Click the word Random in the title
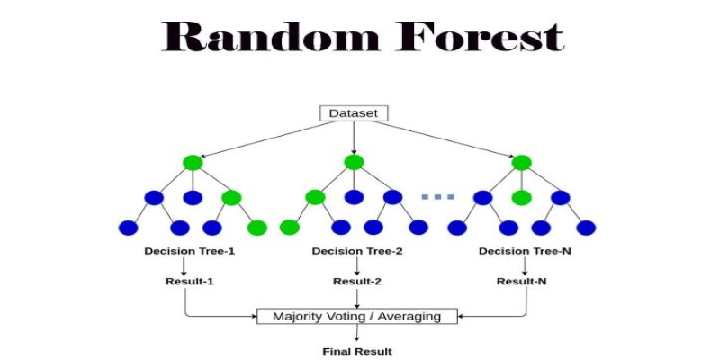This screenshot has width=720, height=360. (x=271, y=36)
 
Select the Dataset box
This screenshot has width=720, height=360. (x=354, y=113)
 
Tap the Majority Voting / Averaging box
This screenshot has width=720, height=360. (x=356, y=317)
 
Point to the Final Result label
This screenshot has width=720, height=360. (x=357, y=352)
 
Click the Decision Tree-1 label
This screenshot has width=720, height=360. (x=190, y=251)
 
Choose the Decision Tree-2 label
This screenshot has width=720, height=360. (x=357, y=251)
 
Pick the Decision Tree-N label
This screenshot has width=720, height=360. (x=525, y=251)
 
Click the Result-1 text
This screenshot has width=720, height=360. (x=190, y=281)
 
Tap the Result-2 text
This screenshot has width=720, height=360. (x=357, y=281)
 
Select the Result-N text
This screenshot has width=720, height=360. (x=522, y=281)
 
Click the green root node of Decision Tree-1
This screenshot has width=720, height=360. (x=193, y=162)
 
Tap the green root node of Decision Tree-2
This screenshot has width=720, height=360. (x=354, y=162)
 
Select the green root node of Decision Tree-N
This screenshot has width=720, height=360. (x=522, y=162)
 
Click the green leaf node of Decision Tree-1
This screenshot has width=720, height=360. (x=256, y=228)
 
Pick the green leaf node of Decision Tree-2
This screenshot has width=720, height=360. (x=290, y=228)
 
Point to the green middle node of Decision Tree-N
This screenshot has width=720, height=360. (x=522, y=198)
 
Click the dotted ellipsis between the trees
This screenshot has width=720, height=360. (x=437, y=197)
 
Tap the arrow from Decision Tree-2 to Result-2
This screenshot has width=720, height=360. (x=356, y=265)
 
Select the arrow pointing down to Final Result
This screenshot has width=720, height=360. (x=356, y=332)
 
